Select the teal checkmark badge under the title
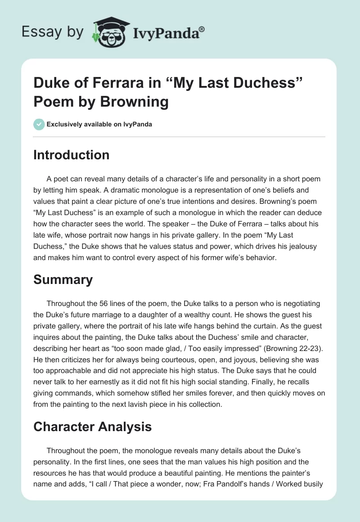[39, 124]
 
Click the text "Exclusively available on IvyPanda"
[99, 124]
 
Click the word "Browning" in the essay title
[135, 102]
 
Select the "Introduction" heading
[72, 155]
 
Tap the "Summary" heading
[63, 279]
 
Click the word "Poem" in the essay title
[52, 102]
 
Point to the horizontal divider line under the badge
[180, 137]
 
